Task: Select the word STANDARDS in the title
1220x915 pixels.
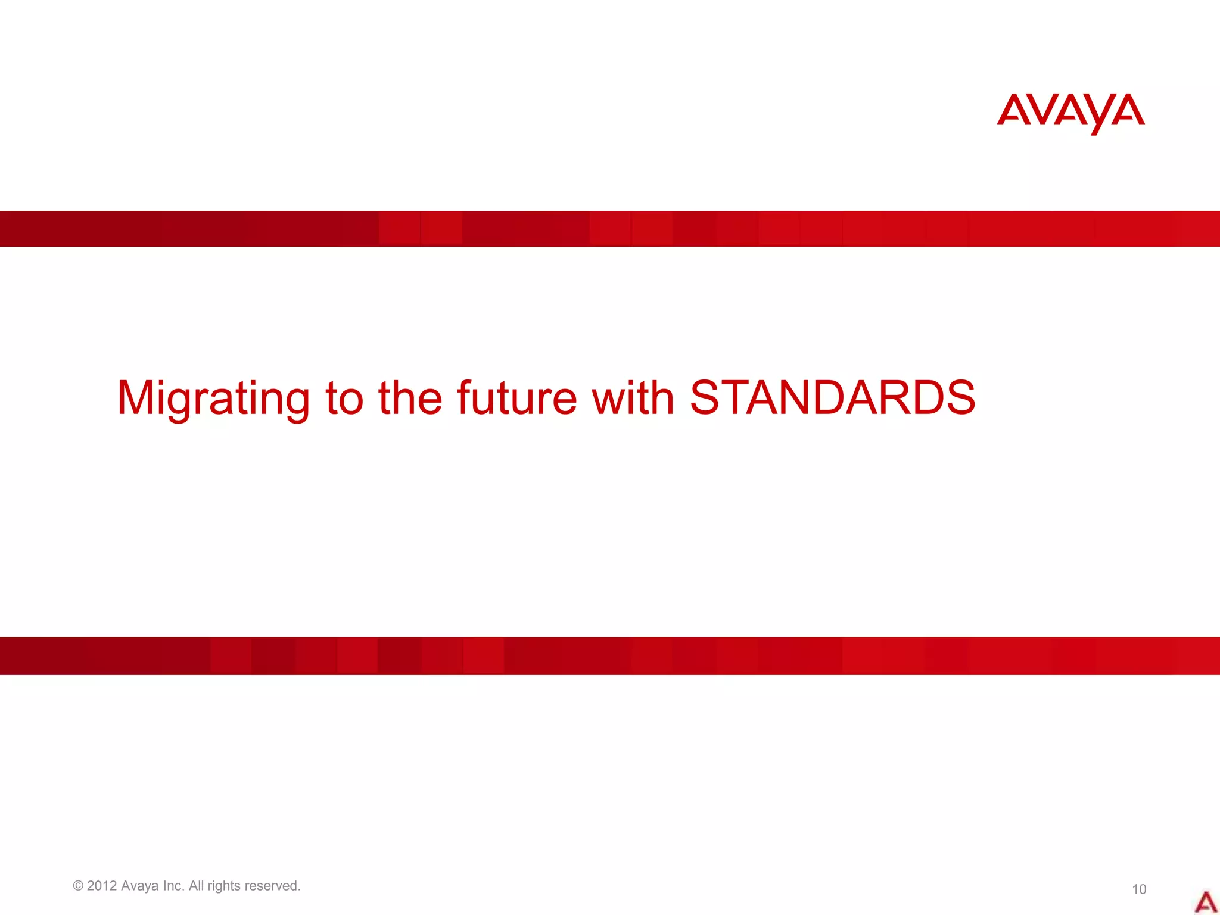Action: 832,397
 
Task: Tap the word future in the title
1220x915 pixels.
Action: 516,397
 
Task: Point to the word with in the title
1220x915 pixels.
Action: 633,397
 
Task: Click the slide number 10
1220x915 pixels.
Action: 1139,889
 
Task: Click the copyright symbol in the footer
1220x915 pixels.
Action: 78,886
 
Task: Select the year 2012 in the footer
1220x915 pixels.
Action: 102,886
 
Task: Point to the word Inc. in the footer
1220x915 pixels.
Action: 174,886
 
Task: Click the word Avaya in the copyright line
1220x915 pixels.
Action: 140,886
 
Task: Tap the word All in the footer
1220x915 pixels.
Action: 197,886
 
